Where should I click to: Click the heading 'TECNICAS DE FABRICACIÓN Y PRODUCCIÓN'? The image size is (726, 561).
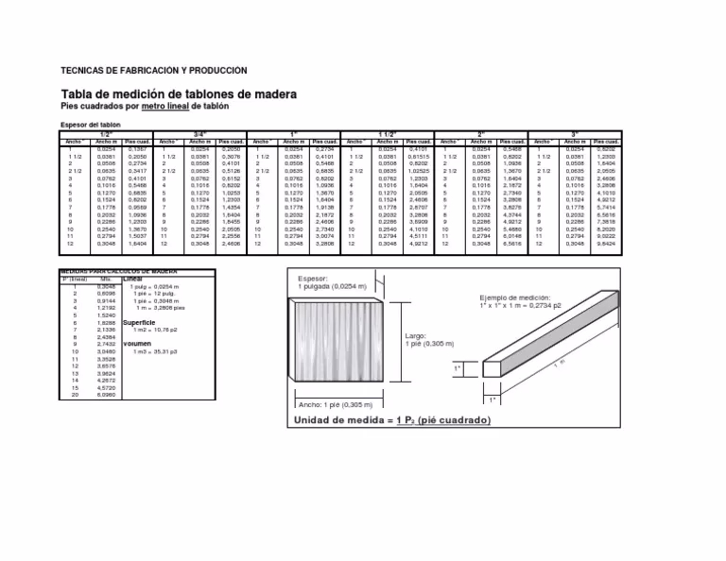[153, 71]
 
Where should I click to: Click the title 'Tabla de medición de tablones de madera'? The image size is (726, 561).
[179, 94]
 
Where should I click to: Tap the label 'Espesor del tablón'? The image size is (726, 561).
[91, 125]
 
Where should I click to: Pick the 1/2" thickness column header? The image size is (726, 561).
[105, 133]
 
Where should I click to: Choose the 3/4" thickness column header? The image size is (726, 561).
[199, 133]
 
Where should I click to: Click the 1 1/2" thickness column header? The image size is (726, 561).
[388, 133]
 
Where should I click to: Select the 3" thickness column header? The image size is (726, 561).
[574, 133]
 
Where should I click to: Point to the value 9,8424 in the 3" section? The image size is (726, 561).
[604, 243]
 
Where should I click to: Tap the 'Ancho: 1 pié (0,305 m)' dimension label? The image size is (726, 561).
[338, 403]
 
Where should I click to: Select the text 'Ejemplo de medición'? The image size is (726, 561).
[516, 298]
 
